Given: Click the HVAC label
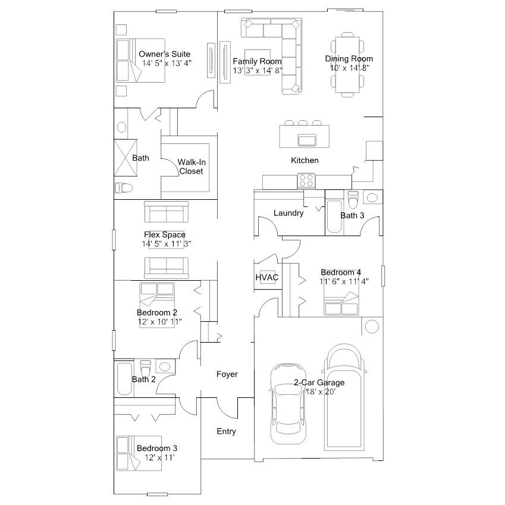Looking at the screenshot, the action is (266, 277).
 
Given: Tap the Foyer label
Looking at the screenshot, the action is (227, 374).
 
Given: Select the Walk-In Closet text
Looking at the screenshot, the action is (192, 167).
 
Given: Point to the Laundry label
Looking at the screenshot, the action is (288, 213).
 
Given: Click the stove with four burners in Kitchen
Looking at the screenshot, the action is (306, 181).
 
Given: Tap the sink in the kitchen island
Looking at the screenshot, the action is (307, 140).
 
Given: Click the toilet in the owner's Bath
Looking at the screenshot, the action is (124, 187).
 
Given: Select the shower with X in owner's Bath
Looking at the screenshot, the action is (126, 158).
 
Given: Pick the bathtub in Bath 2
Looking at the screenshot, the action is (125, 379).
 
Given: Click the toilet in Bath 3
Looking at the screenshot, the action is (353, 199).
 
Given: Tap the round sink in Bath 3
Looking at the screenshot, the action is (372, 197).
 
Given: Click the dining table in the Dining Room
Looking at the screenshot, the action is (347, 65).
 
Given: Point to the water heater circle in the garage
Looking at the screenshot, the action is (372, 327).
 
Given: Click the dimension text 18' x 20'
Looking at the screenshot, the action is (321, 391).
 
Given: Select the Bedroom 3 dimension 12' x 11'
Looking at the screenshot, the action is (159, 457).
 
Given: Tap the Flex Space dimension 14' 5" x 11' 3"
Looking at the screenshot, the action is (167, 244).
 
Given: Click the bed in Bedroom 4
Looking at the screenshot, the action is (341, 303).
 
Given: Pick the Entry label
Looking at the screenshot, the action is (226, 431).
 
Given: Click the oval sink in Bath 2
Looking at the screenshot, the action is (165, 366).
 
